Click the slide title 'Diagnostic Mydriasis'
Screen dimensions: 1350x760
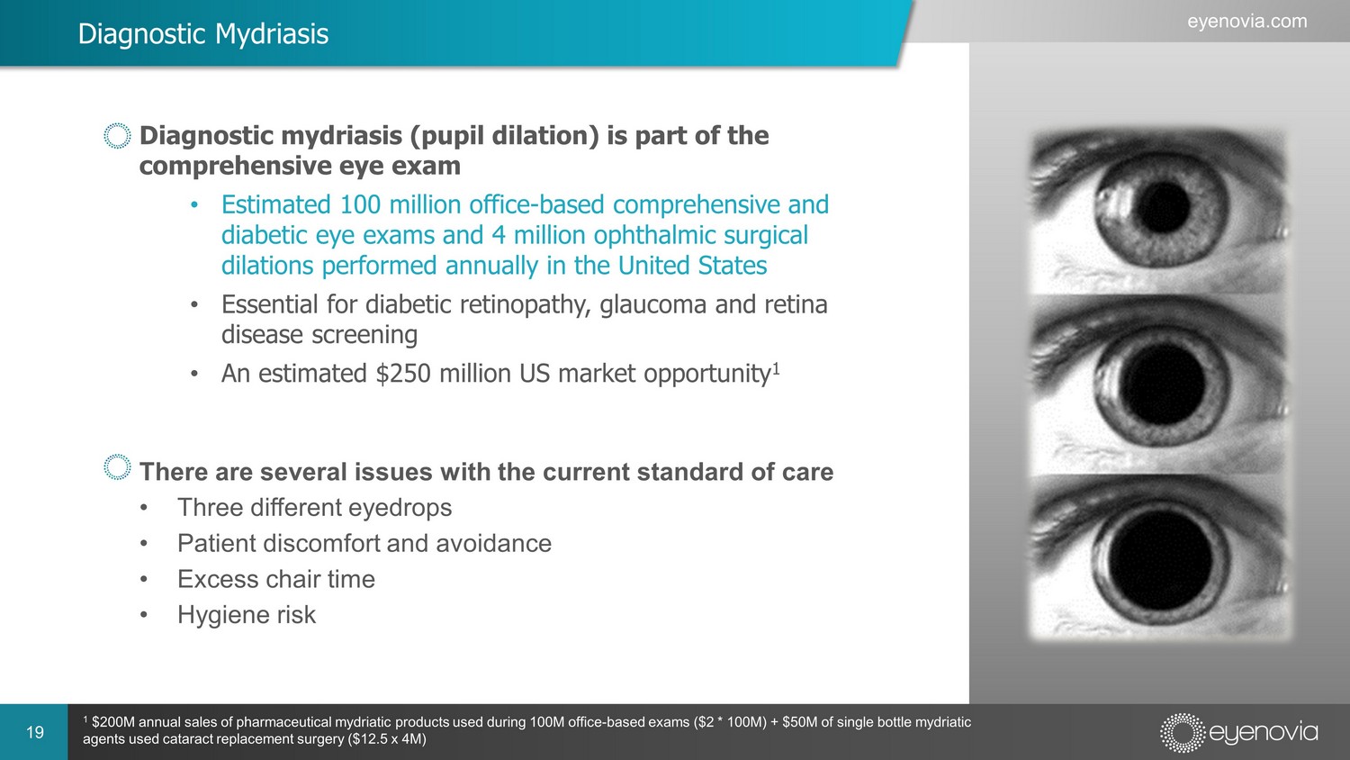point(203,34)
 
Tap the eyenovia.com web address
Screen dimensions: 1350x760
point(1246,22)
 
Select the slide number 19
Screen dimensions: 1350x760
point(35,732)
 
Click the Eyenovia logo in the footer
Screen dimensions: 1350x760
point(1238,733)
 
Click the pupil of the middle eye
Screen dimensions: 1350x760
point(1162,384)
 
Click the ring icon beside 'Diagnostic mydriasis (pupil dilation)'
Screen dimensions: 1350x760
point(117,136)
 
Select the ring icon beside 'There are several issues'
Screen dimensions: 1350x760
point(117,466)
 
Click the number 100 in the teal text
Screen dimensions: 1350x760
point(360,204)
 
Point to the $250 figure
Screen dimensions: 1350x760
point(403,374)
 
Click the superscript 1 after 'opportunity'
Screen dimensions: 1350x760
point(776,367)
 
